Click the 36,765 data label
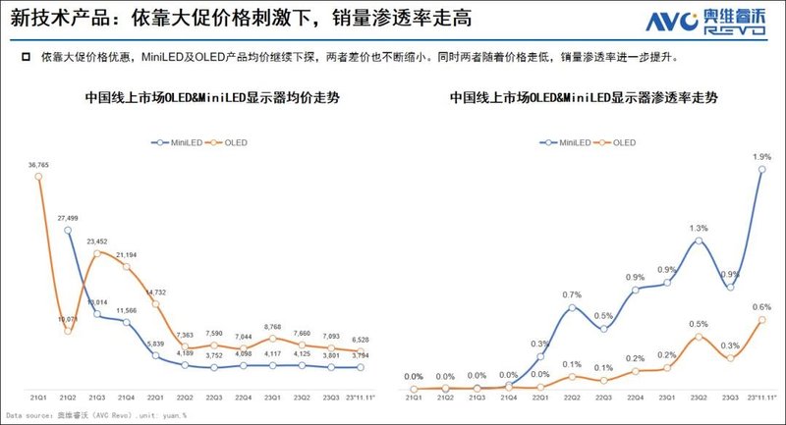tap(39, 165)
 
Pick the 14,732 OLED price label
tap(156, 292)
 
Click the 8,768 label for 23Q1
tap(274, 326)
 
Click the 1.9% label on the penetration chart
tap(762, 157)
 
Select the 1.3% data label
tap(698, 228)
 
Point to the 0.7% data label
tap(572, 294)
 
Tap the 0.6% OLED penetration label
tap(762, 306)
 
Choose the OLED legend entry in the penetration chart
tap(616, 143)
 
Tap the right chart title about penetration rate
tap(586, 99)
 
